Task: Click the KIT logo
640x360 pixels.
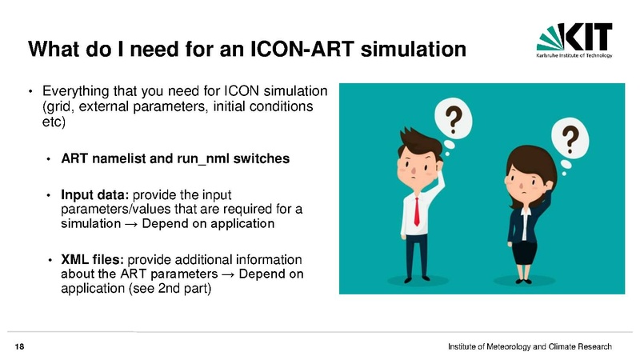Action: click(x=574, y=40)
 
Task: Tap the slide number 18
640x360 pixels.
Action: click(x=19, y=347)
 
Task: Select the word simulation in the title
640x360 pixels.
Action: click(x=414, y=49)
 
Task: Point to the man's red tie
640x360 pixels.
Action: click(x=417, y=211)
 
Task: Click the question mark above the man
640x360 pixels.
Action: click(x=453, y=120)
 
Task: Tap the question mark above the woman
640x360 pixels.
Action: click(x=570, y=138)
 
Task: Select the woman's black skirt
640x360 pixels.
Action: click(x=525, y=253)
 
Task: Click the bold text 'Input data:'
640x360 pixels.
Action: click(x=94, y=194)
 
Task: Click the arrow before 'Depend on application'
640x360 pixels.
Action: click(x=131, y=224)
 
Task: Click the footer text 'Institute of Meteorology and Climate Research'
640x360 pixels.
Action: click(x=530, y=347)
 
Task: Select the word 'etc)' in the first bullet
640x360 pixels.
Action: click(x=54, y=122)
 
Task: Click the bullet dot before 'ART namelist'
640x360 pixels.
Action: click(x=49, y=159)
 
